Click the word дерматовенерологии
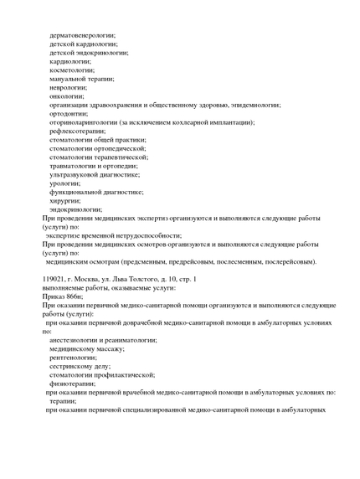click(82, 34)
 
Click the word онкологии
click(67, 95)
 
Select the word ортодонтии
click(69, 113)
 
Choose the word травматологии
click(76, 166)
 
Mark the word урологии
click(65, 183)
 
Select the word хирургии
click(65, 200)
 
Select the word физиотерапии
click(76, 383)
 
